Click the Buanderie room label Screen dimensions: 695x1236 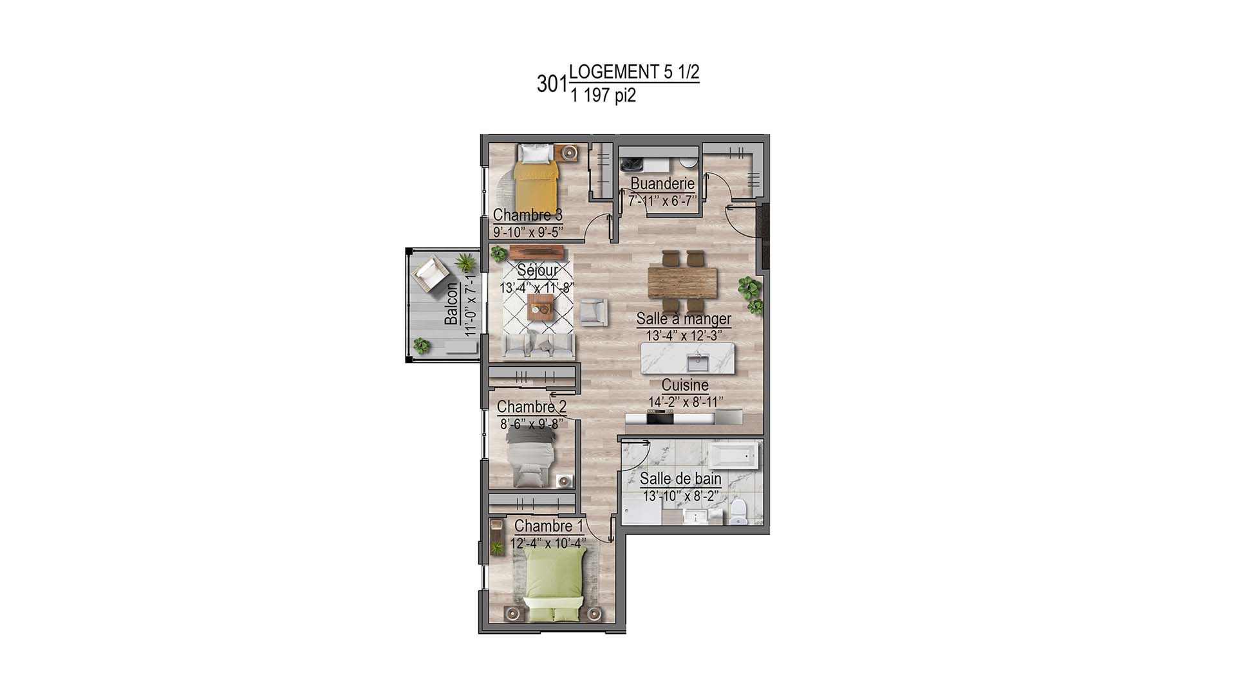(x=662, y=184)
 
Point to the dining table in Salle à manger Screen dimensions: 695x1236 (x=682, y=283)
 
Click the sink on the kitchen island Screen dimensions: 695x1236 (x=697, y=363)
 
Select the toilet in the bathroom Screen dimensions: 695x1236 (x=738, y=513)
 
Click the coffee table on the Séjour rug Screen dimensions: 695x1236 (x=539, y=310)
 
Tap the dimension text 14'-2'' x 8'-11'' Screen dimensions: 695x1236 (x=686, y=402)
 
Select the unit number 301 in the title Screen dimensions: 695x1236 (x=552, y=84)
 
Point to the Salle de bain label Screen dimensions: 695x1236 (x=680, y=479)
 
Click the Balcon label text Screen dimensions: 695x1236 (x=451, y=304)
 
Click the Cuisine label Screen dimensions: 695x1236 (x=685, y=385)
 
